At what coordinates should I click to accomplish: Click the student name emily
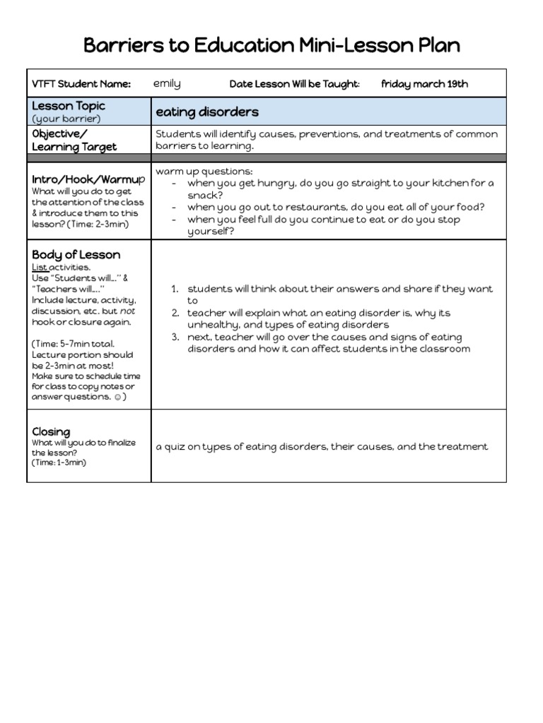(167, 83)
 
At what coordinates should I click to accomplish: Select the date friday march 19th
(424, 83)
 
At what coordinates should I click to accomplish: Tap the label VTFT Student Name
(81, 84)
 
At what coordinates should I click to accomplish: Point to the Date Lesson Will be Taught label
(294, 84)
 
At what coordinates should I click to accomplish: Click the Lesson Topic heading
(69, 105)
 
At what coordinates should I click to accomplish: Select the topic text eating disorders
(207, 112)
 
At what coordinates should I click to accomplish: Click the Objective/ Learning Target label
(74, 140)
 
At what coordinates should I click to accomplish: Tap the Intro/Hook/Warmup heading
(88, 179)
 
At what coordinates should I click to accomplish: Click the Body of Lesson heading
(76, 254)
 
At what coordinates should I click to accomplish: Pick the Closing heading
(51, 431)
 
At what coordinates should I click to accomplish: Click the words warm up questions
(204, 172)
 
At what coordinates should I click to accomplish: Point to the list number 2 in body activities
(175, 313)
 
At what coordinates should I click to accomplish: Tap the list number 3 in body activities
(175, 337)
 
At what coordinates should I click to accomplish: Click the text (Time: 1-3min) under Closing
(59, 462)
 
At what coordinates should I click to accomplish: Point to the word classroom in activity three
(444, 349)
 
